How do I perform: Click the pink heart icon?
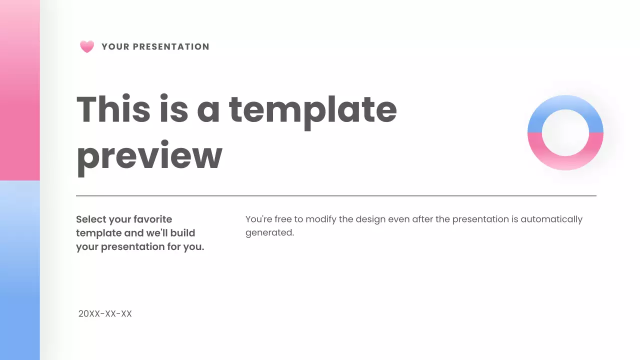(87, 47)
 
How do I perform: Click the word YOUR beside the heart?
(115, 47)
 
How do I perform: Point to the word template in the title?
(312, 110)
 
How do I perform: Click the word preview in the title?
(149, 156)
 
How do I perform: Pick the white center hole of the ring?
(565, 132)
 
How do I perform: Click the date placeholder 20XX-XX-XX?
(105, 314)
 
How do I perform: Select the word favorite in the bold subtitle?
(153, 219)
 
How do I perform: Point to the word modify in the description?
(320, 219)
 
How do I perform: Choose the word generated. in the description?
(269, 233)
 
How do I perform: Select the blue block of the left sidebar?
(20, 270)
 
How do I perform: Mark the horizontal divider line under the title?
(336, 196)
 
